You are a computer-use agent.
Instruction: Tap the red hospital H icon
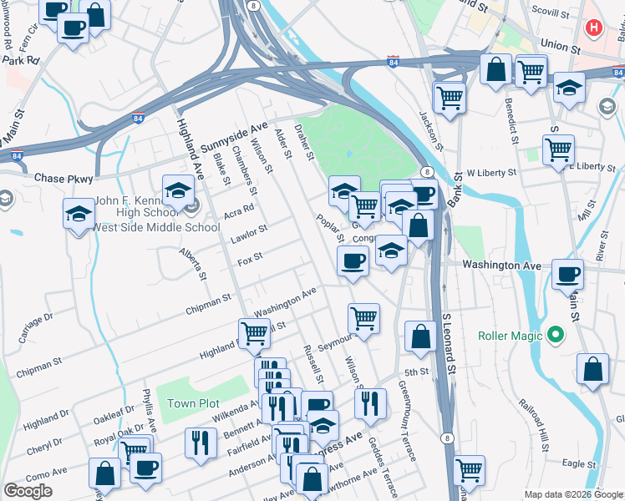594,28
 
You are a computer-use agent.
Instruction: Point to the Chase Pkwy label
61,179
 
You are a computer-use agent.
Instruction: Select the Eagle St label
578,462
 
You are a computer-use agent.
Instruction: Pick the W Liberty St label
492,172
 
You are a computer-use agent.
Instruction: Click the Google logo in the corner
28,491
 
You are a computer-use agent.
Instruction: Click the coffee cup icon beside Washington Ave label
568,274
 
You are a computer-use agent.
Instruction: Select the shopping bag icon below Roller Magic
592,370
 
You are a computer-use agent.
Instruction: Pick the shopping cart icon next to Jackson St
450,98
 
